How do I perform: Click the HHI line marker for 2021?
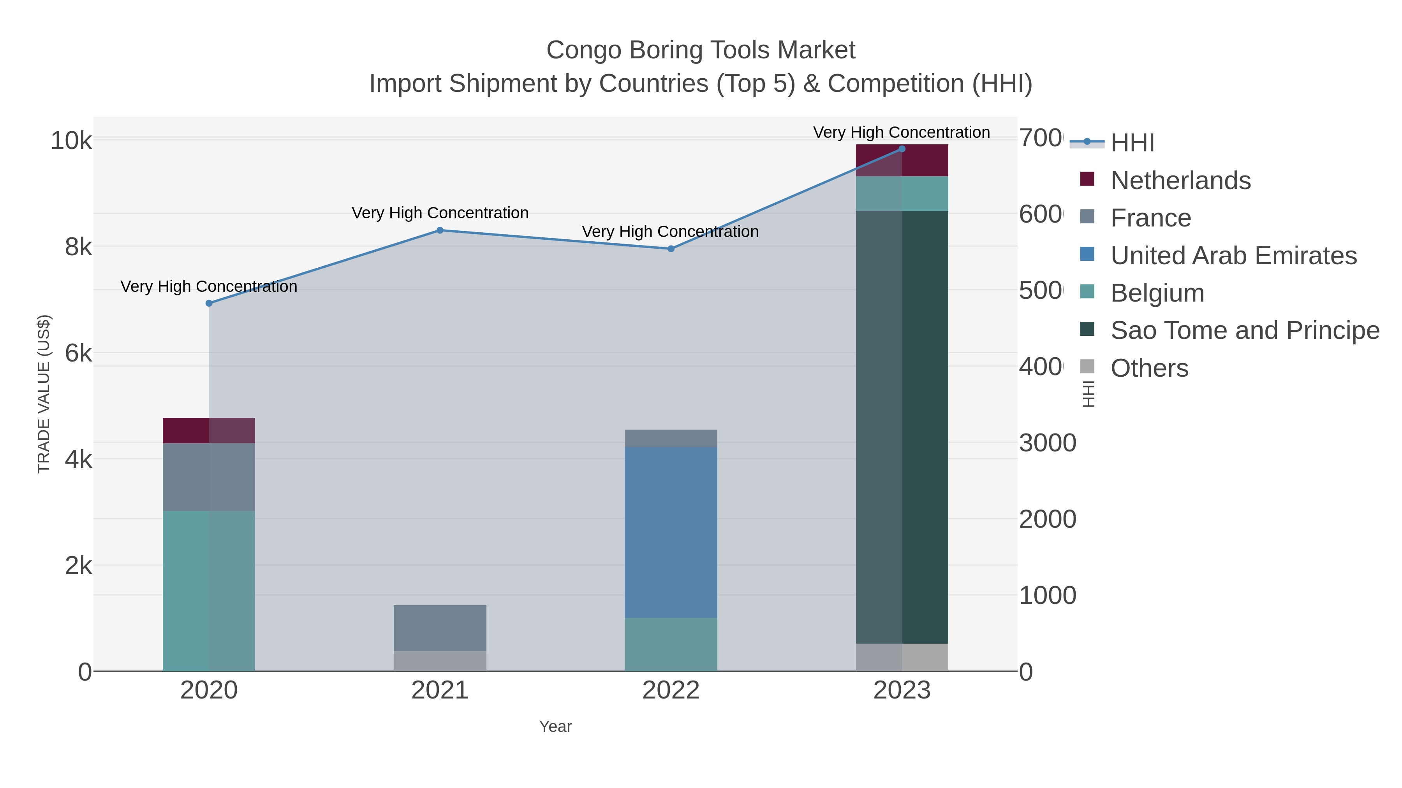440,230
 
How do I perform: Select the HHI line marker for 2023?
902,149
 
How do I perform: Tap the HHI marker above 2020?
209,303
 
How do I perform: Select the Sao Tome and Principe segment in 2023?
902,427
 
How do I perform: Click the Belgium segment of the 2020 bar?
209,591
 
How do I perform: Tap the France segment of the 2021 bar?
440,628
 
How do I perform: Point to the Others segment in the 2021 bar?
440,661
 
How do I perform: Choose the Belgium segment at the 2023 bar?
902,194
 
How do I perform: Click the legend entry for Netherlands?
1180,180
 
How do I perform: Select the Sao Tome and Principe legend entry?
1244,330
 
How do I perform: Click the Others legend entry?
1148,368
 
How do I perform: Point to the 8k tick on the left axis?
78,247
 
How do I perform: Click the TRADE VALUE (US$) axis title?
44,394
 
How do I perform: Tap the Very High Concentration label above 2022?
670,232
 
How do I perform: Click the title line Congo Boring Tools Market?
701,50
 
